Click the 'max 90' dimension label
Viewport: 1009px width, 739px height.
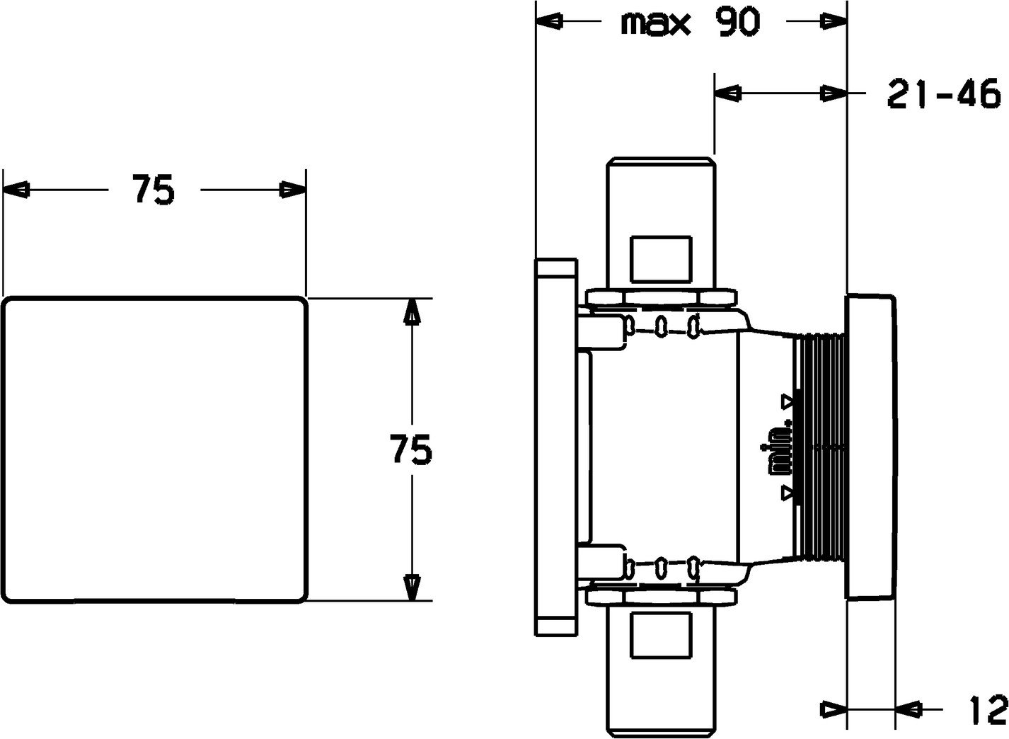tap(690, 23)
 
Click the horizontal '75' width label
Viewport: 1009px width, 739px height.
tap(153, 190)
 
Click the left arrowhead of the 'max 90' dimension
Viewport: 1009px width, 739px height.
tap(550, 21)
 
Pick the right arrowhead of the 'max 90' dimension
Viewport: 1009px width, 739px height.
tap(834, 21)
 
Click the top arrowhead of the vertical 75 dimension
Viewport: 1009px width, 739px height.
tap(412, 312)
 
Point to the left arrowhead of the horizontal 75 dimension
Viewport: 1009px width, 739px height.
tap(16, 190)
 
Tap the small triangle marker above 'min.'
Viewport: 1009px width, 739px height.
tap(788, 401)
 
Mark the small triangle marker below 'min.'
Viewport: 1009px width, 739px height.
tap(788, 493)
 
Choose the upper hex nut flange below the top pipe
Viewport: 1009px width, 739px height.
tap(662, 298)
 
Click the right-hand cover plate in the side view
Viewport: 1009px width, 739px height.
tap(871, 447)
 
